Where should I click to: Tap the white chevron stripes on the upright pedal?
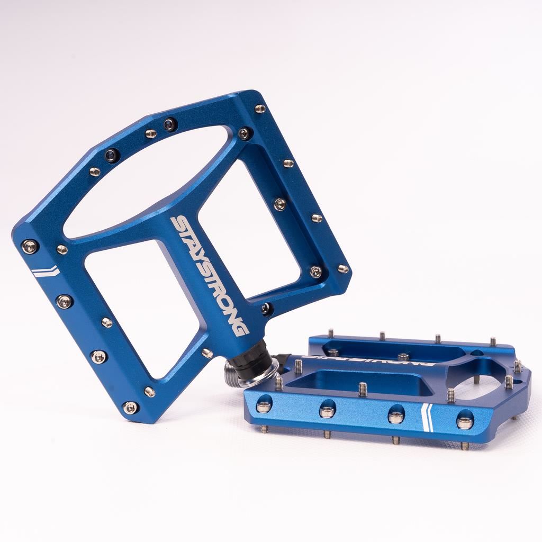point(44,272)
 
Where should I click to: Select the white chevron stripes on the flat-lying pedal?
point(427,418)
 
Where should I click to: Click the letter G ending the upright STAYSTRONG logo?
point(241,329)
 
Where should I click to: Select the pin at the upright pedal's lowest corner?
point(130,408)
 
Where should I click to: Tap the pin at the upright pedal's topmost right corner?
point(260,109)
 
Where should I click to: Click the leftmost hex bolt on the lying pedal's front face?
point(264,406)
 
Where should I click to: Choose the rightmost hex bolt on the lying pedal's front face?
point(465,421)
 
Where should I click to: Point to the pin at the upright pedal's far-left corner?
point(30,246)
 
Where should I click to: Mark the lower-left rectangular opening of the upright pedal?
point(140,307)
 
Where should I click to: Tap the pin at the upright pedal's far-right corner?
point(343,269)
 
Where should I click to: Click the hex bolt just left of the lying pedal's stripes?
point(396,416)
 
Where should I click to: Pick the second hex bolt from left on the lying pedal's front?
point(327,411)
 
